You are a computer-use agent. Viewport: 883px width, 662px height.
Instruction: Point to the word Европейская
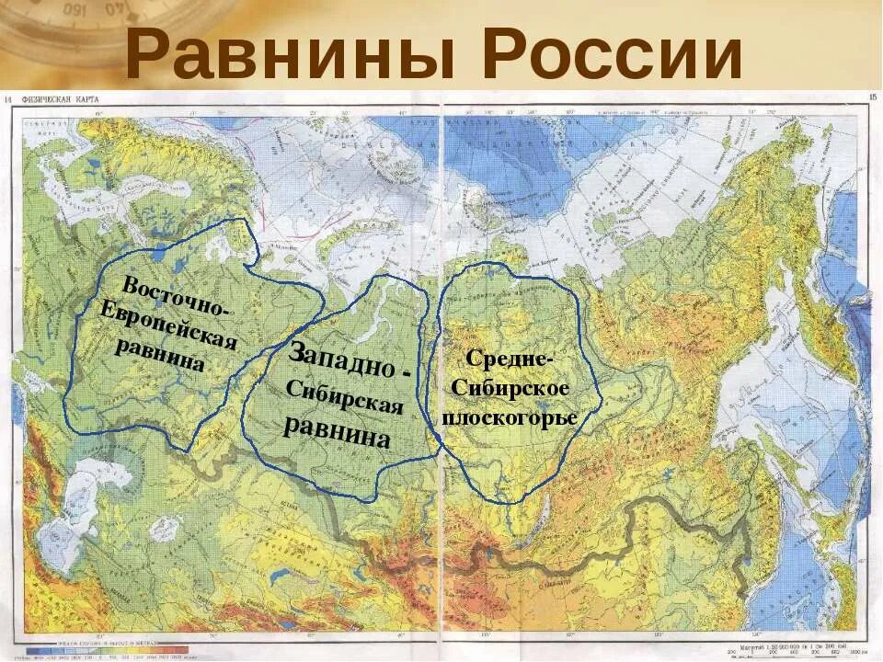coord(169,326)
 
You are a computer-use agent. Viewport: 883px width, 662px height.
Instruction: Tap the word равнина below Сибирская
coord(337,430)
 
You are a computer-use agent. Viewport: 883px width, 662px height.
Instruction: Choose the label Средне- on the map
coord(510,360)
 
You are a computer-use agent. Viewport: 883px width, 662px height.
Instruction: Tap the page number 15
coord(872,97)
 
